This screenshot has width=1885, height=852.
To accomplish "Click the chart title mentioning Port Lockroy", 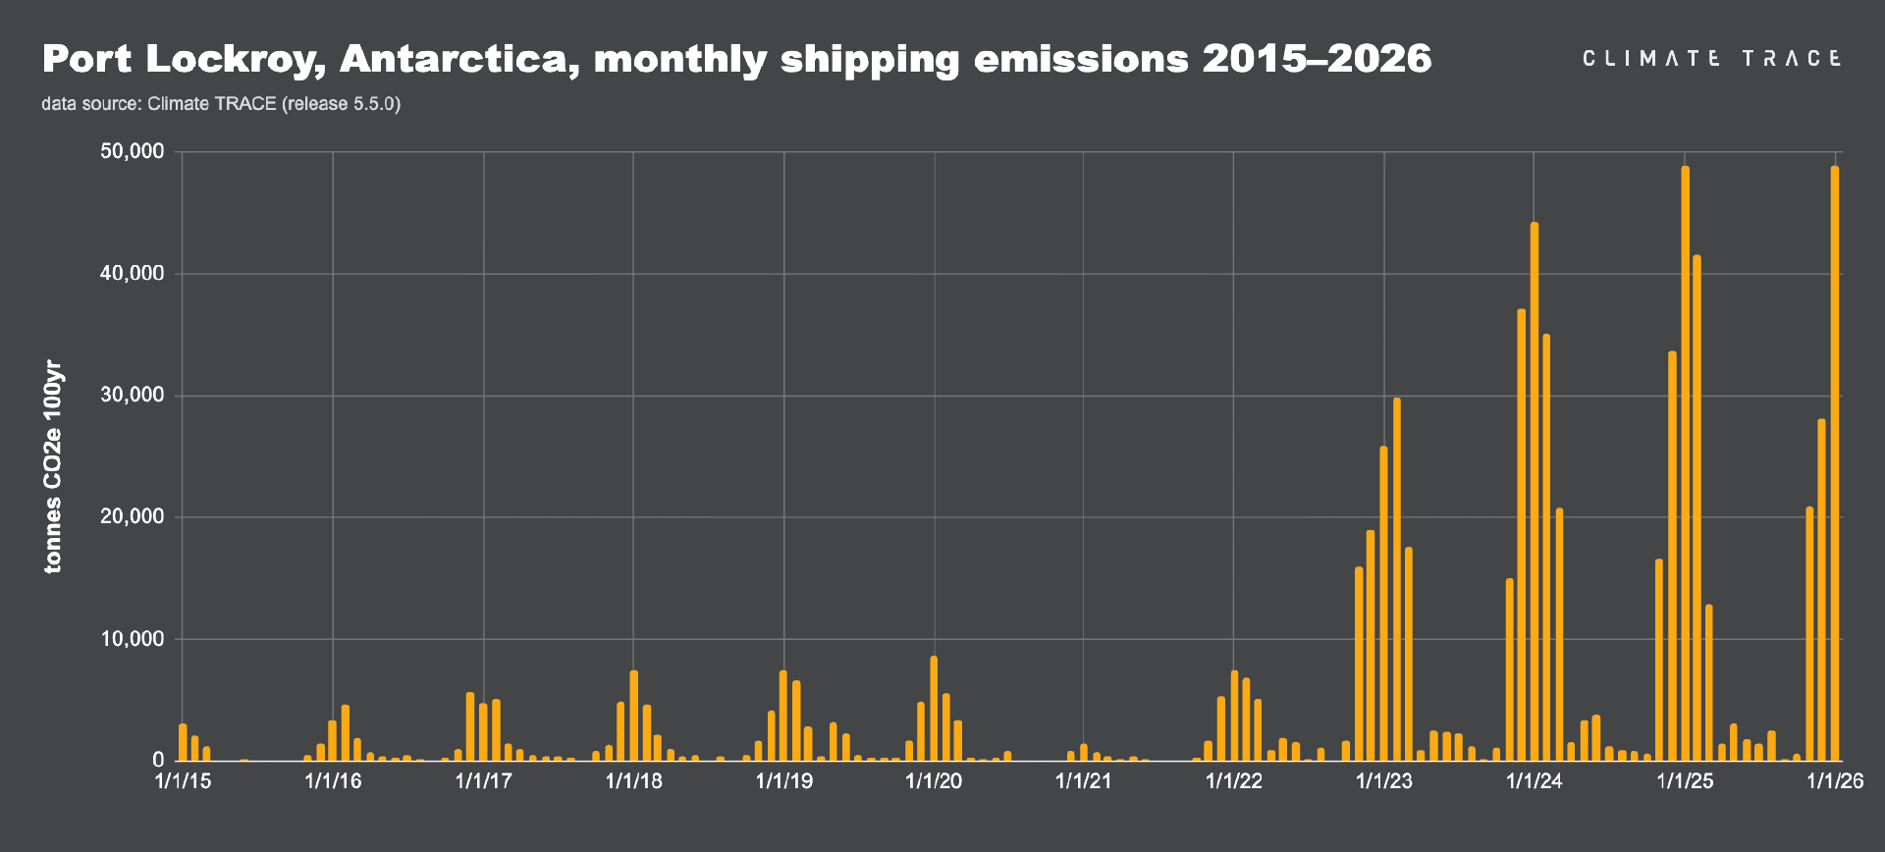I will coord(736,60).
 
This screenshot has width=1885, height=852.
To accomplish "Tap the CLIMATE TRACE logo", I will coord(1711,59).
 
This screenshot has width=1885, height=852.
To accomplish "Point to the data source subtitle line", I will coord(221,104).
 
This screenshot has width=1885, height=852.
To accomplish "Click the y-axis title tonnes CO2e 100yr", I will coord(53,467).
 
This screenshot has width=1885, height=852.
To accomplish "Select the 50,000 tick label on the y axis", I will coord(132,152).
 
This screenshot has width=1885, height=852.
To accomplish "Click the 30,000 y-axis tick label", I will coord(132,396).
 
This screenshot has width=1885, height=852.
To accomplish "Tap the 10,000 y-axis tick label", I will coord(132,639).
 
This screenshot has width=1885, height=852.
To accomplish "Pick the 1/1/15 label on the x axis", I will coord(183,781).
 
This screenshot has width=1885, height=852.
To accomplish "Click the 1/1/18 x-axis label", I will coord(633,781).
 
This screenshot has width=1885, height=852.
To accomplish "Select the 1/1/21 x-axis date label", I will coord(1084,781).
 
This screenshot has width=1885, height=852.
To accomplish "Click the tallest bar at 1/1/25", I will coord(1685,461).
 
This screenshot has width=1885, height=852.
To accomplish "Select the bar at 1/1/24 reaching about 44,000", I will coord(1535,491).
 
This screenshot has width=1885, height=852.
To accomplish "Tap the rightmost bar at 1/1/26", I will coord(1835,461).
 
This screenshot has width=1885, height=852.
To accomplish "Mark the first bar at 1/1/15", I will coord(183,742).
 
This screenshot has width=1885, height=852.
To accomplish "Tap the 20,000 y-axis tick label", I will coord(132,517).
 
